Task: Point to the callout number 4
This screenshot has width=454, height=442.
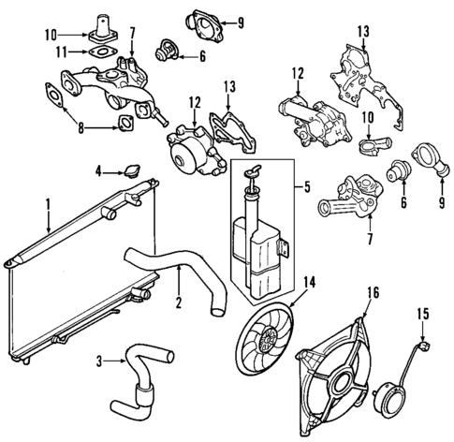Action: [97, 169]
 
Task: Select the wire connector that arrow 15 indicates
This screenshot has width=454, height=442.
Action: [423, 345]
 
